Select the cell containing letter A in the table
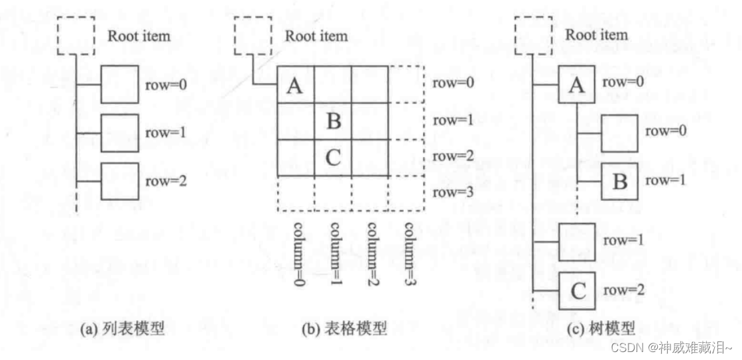tap(296, 86)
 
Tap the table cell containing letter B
tap(333, 122)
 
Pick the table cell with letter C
tap(333, 158)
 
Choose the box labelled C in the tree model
tap(578, 290)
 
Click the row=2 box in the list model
tap(119, 181)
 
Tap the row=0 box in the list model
tap(119, 84)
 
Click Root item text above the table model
tap(316, 36)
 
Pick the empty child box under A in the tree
tap(619, 133)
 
